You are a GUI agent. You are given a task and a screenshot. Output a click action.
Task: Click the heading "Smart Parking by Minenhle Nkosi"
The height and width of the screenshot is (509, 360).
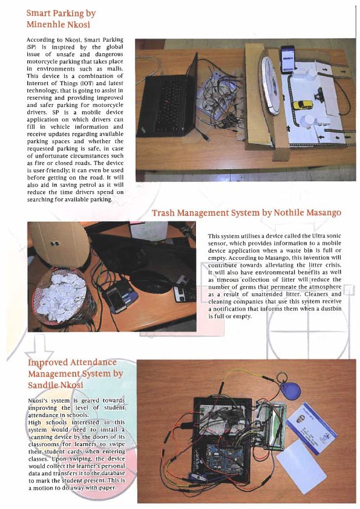[x=61, y=19]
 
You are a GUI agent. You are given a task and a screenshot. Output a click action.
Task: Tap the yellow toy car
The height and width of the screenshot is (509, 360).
[x=303, y=105]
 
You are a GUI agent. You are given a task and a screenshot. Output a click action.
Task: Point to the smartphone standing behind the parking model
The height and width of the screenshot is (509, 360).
[x=288, y=59]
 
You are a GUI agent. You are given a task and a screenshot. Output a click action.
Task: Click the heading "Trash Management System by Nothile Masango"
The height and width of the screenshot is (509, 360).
[x=247, y=213]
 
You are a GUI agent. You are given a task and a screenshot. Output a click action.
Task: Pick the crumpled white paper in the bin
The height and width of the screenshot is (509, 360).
[x=61, y=296]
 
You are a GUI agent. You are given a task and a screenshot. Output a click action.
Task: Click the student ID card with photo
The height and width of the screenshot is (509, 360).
[x=311, y=428]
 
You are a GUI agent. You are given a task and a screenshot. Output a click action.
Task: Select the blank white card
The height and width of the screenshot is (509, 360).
[x=301, y=462]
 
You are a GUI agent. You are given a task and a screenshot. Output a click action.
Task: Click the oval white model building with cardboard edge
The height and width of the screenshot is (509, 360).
[x=270, y=86]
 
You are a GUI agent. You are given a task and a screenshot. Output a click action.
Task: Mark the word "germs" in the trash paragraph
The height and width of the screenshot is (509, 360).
[x=248, y=287]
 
